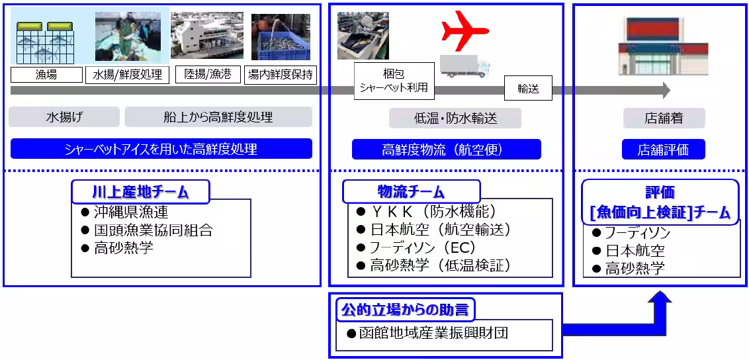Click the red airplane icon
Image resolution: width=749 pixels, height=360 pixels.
point(464,31)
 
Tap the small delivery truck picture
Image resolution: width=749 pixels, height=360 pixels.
point(464,66)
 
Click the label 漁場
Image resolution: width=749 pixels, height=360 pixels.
point(46,75)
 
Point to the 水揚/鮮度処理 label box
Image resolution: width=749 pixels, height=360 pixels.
point(128,75)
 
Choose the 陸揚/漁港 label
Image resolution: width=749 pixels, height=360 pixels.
point(208,74)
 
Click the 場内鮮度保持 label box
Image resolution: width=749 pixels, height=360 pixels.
point(281,74)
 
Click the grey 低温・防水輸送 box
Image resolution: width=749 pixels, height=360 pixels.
point(455,118)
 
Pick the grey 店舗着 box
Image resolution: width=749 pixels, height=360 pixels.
point(664,118)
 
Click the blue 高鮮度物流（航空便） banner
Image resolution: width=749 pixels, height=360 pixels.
point(446,150)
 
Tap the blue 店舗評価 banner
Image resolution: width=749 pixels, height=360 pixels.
point(663,150)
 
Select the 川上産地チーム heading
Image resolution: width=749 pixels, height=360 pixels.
point(140,192)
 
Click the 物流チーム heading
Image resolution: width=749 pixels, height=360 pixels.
point(411,192)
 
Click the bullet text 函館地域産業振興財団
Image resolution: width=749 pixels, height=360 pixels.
point(436,333)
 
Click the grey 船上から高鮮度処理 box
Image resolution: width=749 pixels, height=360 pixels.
point(218,118)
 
